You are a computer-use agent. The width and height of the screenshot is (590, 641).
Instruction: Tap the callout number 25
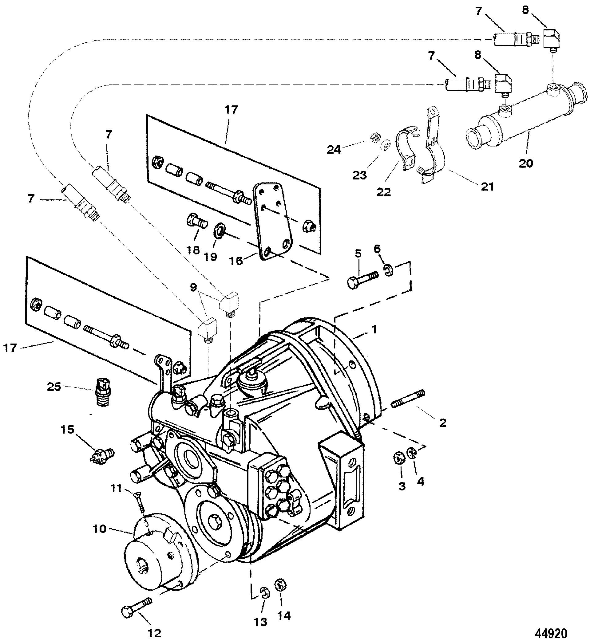tap(53, 387)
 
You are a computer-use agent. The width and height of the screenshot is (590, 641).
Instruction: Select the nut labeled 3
tap(399, 459)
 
